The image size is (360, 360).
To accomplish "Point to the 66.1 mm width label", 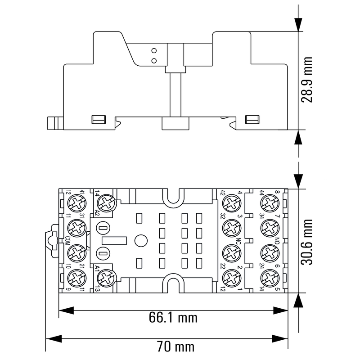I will pyautogui.click(x=173, y=318).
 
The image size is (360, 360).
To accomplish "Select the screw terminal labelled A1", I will pyautogui.click(x=107, y=277).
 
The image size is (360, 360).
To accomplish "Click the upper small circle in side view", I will pyautogui.click(x=154, y=51).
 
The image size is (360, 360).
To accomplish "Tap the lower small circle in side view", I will pyautogui.click(x=154, y=60).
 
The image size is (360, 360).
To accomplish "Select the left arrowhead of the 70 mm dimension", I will pyautogui.click(x=49, y=338).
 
